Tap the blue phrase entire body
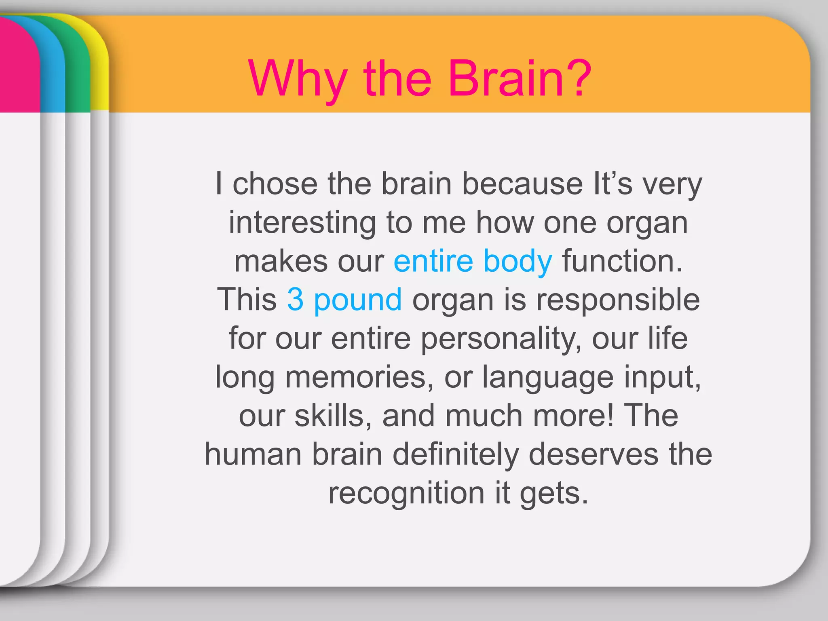[473, 261]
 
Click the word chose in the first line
[275, 184]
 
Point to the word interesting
[302, 223]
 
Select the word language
[548, 377]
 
